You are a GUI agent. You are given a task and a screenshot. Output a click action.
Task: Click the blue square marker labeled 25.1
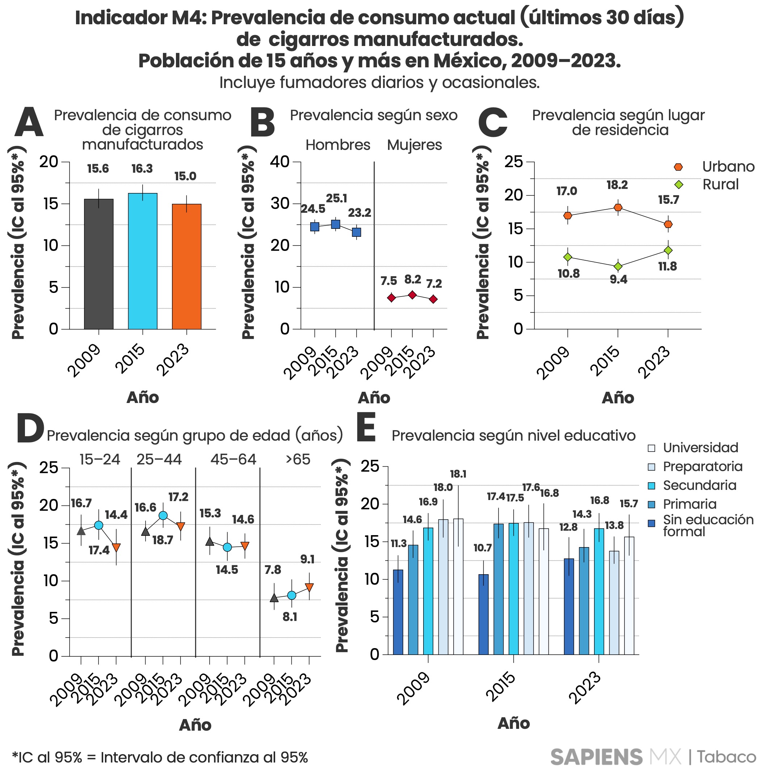click(x=335, y=224)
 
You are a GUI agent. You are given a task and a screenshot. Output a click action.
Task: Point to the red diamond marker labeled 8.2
click(x=412, y=295)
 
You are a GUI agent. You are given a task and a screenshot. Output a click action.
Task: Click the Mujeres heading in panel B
click(x=414, y=145)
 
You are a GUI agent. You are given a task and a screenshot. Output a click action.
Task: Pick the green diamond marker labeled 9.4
click(x=618, y=266)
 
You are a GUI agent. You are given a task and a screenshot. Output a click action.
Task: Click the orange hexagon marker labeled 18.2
click(x=618, y=207)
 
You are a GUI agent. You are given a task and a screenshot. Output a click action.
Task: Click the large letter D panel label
click(x=30, y=429)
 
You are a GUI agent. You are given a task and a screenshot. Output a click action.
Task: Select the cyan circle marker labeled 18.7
click(x=163, y=516)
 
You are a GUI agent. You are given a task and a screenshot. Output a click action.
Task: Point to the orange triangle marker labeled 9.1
click(x=309, y=587)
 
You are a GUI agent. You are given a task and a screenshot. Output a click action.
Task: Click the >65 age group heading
click(x=298, y=459)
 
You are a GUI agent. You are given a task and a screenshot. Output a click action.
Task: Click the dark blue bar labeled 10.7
click(x=484, y=614)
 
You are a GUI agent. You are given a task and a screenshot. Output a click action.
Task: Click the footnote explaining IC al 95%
click(x=160, y=757)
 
